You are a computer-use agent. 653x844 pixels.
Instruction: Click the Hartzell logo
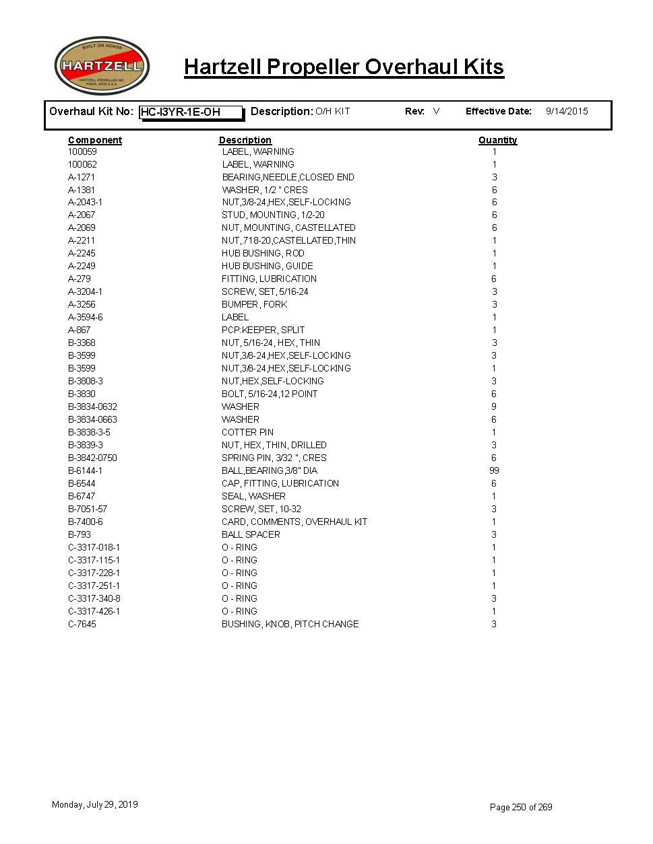coord(102,66)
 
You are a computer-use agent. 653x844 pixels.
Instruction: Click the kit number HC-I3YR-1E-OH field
coord(191,112)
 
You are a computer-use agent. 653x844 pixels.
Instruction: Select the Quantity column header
coord(497,140)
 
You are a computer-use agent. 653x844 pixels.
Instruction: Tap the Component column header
coord(95,140)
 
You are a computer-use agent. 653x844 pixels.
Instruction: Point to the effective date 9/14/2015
coord(566,111)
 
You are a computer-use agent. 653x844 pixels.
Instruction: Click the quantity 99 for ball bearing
coord(494,470)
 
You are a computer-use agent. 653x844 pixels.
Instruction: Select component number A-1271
coord(82,177)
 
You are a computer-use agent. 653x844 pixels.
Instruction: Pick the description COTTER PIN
coord(247,432)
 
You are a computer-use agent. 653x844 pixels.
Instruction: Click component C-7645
coord(82,624)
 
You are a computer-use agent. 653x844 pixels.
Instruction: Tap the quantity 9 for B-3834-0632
coord(494,407)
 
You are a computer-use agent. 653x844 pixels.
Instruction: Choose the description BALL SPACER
coord(251,534)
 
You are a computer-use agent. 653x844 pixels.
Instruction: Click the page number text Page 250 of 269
coord(520,807)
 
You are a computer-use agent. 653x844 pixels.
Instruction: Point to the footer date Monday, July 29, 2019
coord(95,804)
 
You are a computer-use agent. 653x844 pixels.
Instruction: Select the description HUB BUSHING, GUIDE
coord(267,266)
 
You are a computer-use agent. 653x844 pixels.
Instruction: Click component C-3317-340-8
coord(94,598)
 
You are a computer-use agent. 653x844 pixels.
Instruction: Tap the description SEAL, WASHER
coord(253,496)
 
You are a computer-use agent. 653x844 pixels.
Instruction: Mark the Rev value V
coord(436,111)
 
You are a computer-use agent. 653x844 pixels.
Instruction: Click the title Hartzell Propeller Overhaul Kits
coord(344,67)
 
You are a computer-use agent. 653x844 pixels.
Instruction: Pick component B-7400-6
coord(86,522)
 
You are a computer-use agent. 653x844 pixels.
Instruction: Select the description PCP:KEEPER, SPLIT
coord(263,330)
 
